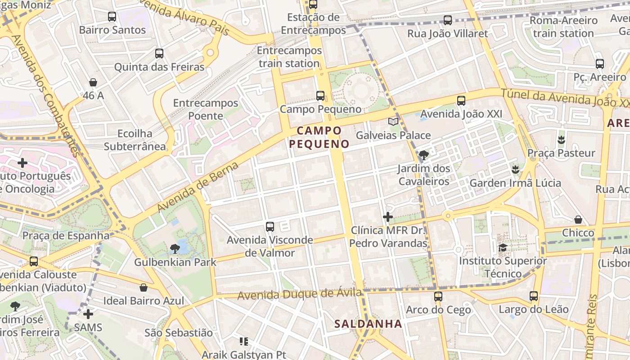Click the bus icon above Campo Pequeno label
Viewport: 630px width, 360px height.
(320, 95)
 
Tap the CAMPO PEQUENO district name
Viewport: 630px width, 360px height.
(319, 137)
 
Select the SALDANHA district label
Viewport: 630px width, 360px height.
(368, 324)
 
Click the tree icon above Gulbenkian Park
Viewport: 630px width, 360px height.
(175, 248)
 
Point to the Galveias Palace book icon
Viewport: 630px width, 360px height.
(393, 121)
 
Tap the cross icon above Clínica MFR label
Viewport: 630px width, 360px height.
(387, 217)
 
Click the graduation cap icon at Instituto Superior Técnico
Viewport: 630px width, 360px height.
(503, 247)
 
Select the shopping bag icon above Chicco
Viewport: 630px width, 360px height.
(578, 220)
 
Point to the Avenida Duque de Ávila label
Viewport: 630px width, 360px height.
(299, 294)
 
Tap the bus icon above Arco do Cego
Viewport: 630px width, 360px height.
(438, 296)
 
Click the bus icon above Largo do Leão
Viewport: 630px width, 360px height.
(534, 296)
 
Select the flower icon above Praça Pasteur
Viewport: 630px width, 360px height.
(561, 139)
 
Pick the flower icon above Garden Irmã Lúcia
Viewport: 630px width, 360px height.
(515, 170)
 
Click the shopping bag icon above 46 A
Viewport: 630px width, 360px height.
(93, 82)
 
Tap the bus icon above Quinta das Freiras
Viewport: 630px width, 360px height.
(159, 54)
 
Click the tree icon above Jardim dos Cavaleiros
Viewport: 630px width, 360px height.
(423, 155)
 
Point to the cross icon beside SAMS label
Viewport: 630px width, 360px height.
(88, 314)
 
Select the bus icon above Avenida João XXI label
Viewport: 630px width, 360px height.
(461, 101)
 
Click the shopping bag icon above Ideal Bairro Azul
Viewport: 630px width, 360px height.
(144, 287)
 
